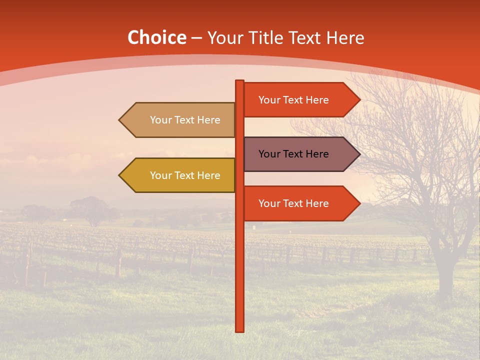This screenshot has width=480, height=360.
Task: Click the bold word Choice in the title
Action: [156, 37]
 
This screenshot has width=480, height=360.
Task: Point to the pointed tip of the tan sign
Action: [120, 120]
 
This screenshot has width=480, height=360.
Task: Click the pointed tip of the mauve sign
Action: [359, 154]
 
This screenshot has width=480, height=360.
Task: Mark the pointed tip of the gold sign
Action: [120, 175]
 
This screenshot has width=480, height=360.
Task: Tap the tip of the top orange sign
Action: [359, 100]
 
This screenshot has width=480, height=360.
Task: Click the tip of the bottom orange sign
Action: [359, 203]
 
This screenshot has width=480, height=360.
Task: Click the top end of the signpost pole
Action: [240, 81]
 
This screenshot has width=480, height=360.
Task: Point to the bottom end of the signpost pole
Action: [240, 330]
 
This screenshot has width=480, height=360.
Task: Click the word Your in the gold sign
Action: [160, 175]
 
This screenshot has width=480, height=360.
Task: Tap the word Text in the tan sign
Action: [185, 120]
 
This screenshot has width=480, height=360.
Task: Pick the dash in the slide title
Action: [196, 38]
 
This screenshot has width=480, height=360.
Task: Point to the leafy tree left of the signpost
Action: [90, 207]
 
